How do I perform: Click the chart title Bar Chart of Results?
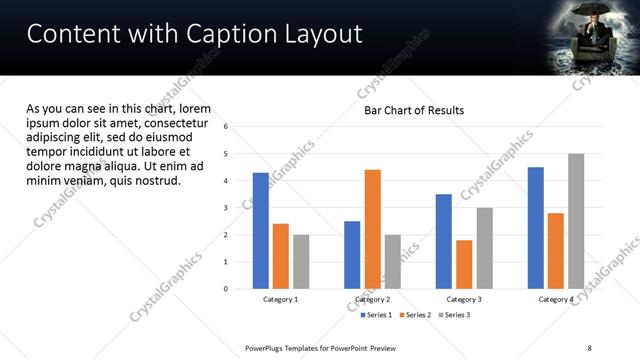point(413,110)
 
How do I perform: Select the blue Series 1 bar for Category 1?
point(261,230)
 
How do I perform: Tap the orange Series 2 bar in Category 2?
point(372,229)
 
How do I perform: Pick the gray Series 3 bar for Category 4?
point(576,221)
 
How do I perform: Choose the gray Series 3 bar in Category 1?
point(301,261)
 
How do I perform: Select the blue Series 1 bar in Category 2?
point(352,254)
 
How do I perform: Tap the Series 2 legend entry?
point(413,315)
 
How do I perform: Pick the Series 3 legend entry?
point(452,315)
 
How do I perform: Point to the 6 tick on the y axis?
point(226,127)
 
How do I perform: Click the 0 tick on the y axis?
point(226,289)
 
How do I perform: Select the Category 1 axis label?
point(281,299)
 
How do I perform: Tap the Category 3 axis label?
point(464,299)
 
